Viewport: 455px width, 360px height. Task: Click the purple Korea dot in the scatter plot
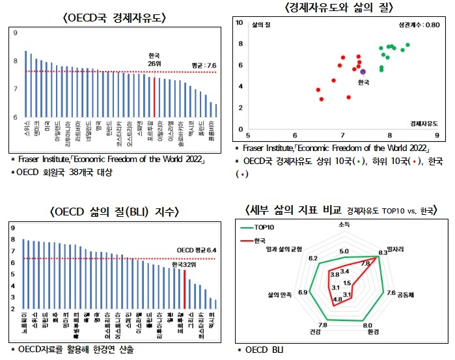pos(363,72)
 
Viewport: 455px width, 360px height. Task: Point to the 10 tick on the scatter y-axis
pos(239,23)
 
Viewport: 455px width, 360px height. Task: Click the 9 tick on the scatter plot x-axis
pos(435,135)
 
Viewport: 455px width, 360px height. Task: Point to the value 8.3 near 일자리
pos(383,253)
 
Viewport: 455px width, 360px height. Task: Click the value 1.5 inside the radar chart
pos(347,283)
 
